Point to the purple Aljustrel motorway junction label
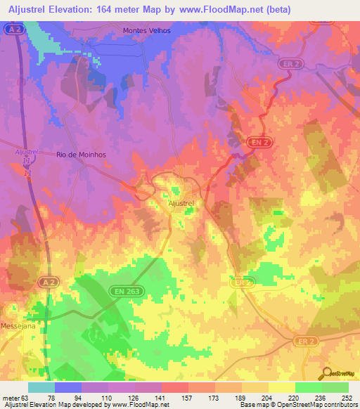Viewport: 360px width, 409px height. (25, 151)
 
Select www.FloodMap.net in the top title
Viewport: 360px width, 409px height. (215, 9)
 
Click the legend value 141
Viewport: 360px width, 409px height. (162, 397)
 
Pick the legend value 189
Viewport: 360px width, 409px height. (242, 397)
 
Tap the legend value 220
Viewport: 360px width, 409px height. (295, 397)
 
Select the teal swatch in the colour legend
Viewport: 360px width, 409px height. (41, 387)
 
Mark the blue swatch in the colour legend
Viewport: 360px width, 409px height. (68, 387)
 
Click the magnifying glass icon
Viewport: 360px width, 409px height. (325, 374)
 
